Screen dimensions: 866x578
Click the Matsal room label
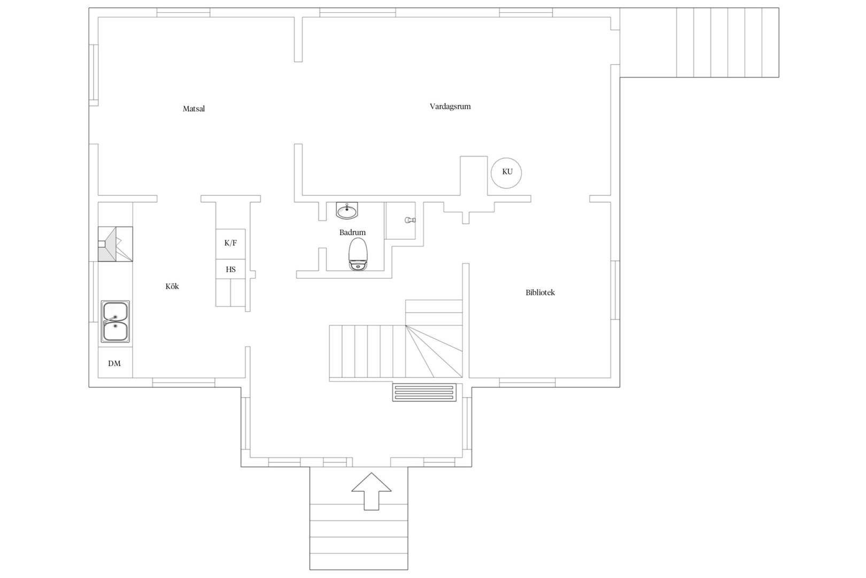click(194, 109)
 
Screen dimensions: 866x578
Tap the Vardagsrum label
click(450, 107)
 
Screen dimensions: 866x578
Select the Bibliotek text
click(540, 293)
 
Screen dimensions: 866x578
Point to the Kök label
click(172, 286)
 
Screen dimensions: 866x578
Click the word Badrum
click(352, 232)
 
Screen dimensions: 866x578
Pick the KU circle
click(506, 173)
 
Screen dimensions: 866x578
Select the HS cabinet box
click(230, 269)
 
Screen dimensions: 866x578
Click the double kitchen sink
click(115, 321)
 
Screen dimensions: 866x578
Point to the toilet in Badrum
click(358, 254)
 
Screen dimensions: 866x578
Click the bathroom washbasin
click(347, 211)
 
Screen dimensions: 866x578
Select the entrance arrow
click(371, 491)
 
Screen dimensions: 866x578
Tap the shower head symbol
click(410, 220)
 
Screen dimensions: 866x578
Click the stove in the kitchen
click(115, 244)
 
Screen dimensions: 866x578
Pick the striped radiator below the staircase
click(424, 392)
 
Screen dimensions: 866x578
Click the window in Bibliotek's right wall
click(615, 290)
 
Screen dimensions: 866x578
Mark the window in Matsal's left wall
click(94, 75)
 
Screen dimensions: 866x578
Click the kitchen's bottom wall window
click(184, 383)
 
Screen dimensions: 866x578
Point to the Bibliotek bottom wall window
click(527, 383)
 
